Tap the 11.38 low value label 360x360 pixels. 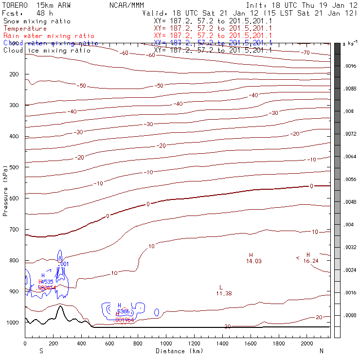click(223, 293)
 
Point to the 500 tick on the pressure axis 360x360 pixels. click(14, 167)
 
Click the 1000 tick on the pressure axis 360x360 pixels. click(12, 323)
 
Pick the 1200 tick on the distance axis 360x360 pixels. click(195, 343)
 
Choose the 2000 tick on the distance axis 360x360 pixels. click(307, 343)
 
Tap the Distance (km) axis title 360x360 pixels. click(173, 351)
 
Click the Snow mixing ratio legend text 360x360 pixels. click(36, 21)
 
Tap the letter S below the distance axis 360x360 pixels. click(41, 351)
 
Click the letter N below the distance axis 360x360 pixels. click(322, 351)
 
